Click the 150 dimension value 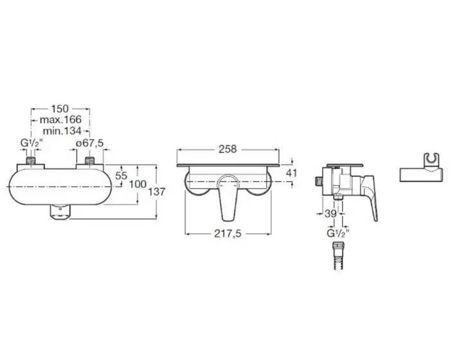60,109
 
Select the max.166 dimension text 60,120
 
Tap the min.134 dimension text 62,131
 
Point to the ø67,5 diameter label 90,143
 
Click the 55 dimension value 121,175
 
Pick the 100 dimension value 138,184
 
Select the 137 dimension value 157,192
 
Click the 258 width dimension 228,149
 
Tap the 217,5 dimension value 228,234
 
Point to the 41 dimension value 292,173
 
